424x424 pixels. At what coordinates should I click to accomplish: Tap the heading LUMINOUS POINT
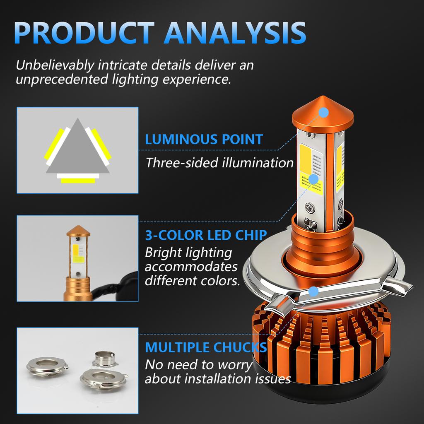tap(204, 139)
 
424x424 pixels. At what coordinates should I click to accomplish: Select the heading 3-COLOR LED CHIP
tap(206, 235)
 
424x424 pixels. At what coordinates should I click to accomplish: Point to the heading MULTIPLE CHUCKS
tap(206, 347)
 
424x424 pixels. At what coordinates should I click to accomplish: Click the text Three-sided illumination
tap(219, 162)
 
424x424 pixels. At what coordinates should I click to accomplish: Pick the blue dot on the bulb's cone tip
tap(324, 112)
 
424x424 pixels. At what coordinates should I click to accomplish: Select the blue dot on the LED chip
tap(313, 179)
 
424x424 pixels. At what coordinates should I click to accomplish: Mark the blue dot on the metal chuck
tap(314, 292)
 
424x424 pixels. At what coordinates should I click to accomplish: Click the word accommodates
tap(191, 266)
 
